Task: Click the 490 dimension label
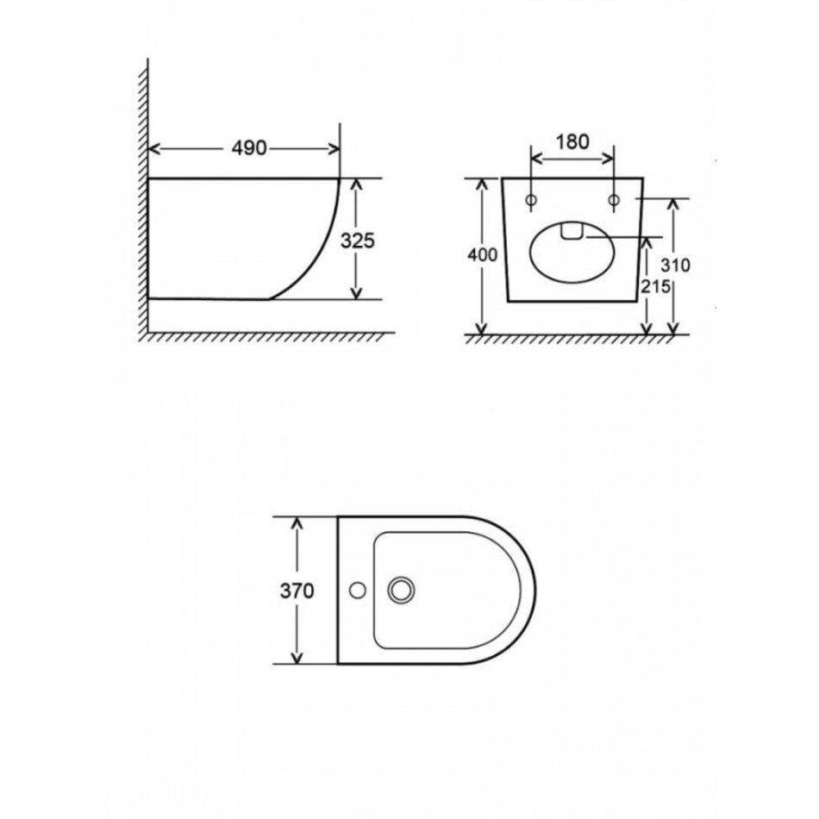[x=249, y=148]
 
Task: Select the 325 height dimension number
[x=358, y=241]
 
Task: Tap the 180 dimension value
[x=572, y=141]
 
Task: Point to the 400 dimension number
[x=482, y=255]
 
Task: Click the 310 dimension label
[x=675, y=266]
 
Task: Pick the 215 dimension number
[x=655, y=286]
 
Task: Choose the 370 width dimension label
[x=297, y=591]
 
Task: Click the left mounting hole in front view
[x=531, y=199]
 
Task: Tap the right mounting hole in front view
[x=614, y=199]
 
